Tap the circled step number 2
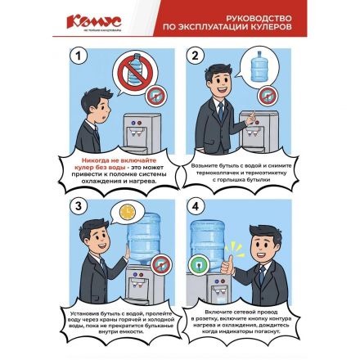(x=196, y=56)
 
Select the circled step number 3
(x=79, y=207)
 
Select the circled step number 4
(x=196, y=207)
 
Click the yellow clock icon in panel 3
(x=126, y=212)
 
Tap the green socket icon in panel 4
(x=199, y=263)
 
